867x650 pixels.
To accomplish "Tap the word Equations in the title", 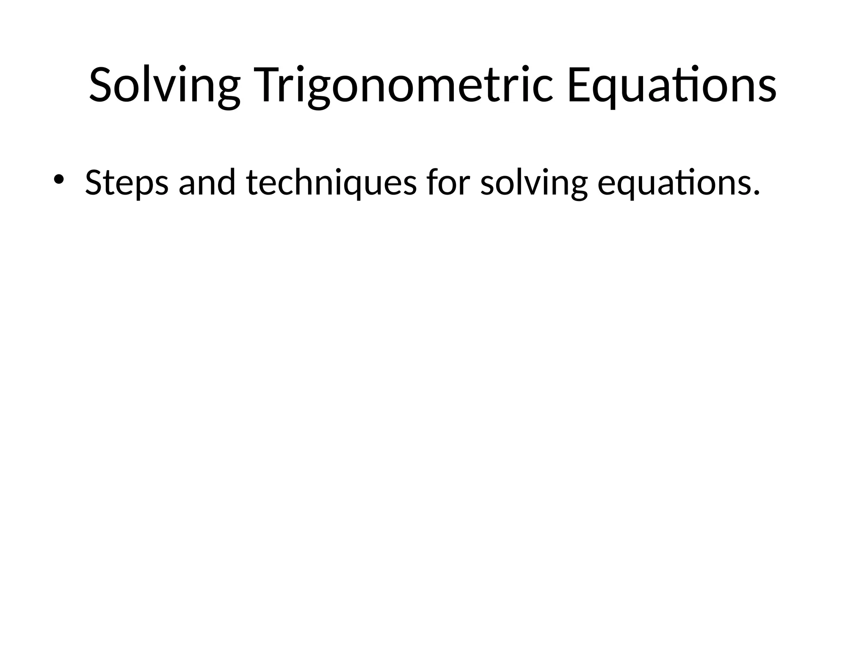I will pyautogui.click(x=671, y=85).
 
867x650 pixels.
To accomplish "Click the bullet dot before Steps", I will pyautogui.click(x=58, y=179).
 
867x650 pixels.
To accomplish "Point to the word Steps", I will pyautogui.click(x=126, y=183).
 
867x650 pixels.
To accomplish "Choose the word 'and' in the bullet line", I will pyautogui.click(x=207, y=183).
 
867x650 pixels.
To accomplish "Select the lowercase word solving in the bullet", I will pyautogui.click(x=534, y=183).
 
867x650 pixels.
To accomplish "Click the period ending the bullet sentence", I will pyautogui.click(x=756, y=193).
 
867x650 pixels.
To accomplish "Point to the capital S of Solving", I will pyautogui.click(x=102, y=85).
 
